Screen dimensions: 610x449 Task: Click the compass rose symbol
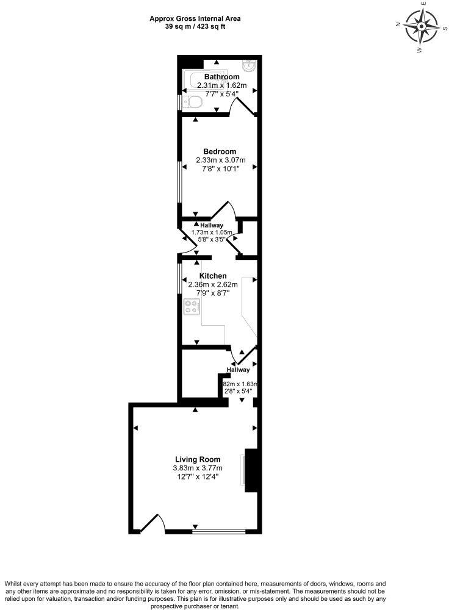click(422, 27)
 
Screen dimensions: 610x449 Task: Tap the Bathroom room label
click(221, 77)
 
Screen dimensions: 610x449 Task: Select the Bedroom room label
click(220, 151)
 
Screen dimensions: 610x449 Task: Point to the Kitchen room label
click(214, 276)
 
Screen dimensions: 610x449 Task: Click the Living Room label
click(198, 459)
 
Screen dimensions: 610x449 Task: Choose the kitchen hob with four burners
click(191, 307)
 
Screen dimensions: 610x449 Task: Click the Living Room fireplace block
click(252, 470)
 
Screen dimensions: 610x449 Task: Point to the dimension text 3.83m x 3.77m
click(198, 468)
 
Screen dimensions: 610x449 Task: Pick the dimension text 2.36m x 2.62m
click(214, 285)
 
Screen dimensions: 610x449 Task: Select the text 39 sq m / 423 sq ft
click(195, 26)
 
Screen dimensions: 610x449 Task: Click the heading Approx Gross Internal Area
click(195, 18)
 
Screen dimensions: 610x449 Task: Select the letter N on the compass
click(397, 24)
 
